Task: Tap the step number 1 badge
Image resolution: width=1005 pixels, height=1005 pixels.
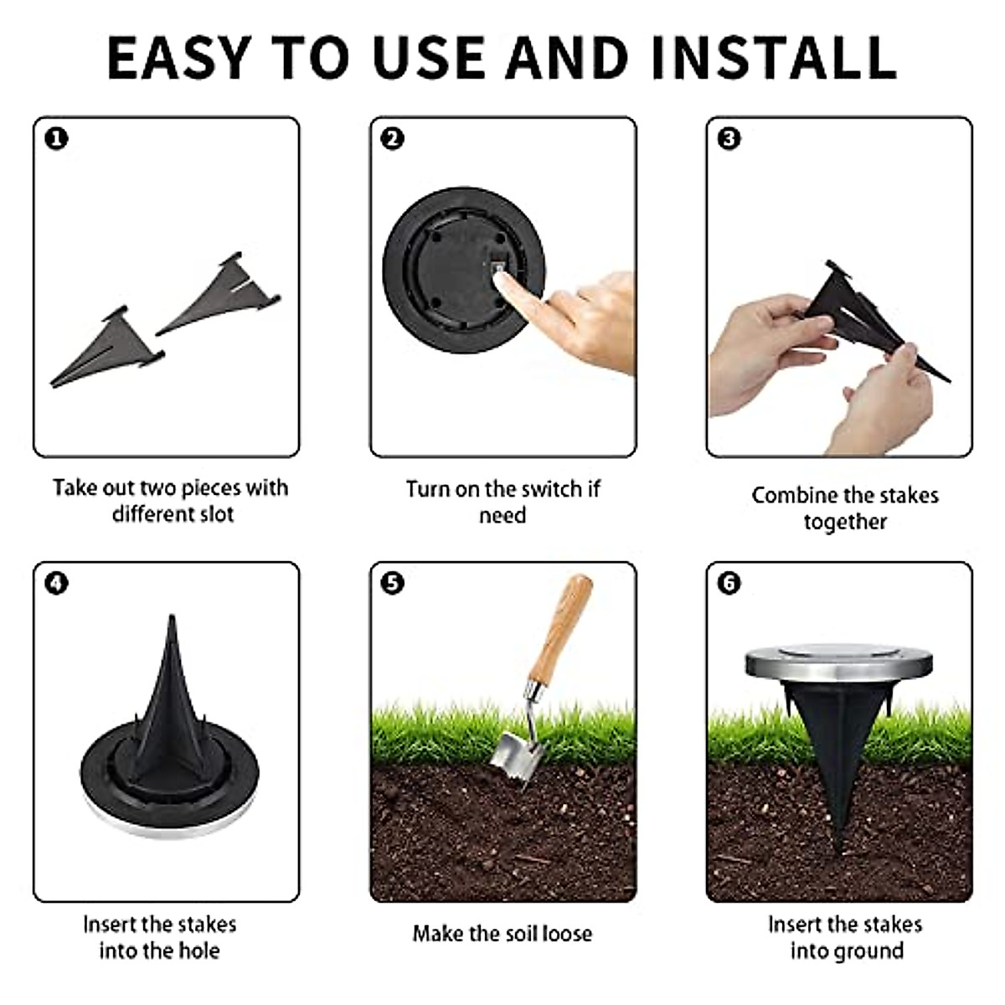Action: point(56,139)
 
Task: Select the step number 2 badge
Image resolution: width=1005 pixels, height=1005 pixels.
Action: point(392,139)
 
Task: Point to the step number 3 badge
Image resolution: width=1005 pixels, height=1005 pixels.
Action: point(729,139)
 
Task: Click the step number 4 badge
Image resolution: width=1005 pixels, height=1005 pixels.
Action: point(56,583)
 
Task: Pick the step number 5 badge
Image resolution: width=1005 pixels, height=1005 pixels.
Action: point(392,583)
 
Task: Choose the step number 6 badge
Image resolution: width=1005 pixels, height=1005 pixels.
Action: point(729,583)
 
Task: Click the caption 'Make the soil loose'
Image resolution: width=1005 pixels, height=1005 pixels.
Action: point(502,933)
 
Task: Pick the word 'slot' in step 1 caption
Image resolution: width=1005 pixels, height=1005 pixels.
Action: point(216,514)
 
